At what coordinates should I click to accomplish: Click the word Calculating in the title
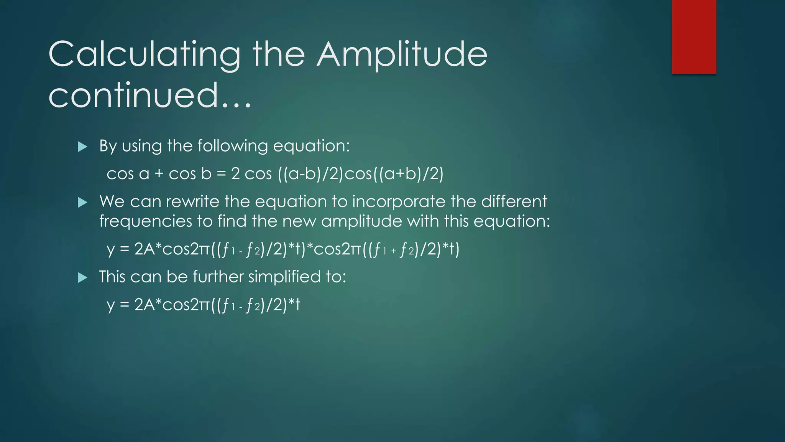(144, 55)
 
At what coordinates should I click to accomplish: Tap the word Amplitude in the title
(402, 55)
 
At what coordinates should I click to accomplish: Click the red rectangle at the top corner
(694, 36)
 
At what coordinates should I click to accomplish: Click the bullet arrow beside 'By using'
(82, 147)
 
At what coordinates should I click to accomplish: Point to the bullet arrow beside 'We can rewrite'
(82, 202)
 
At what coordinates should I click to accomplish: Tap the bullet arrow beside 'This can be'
(82, 277)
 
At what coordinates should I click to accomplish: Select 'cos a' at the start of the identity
(128, 174)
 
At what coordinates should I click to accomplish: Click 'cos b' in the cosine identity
(190, 174)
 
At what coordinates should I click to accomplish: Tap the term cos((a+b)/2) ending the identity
(394, 174)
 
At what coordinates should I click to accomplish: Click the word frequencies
(146, 221)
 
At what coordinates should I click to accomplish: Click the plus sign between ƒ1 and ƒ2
(393, 252)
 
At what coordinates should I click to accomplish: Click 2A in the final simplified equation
(144, 305)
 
